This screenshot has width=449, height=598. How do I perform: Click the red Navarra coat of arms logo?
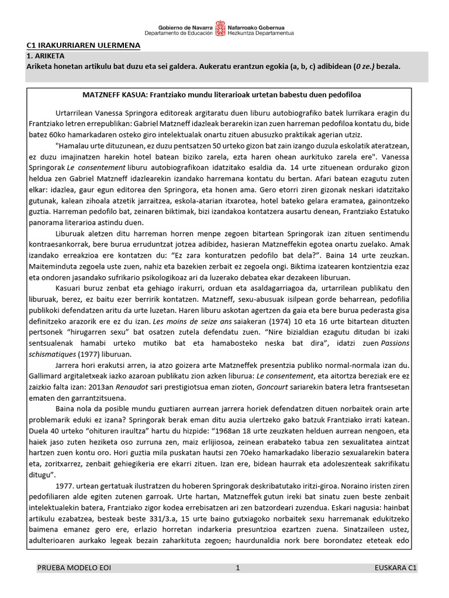click(x=220, y=27)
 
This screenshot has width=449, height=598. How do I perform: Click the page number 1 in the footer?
click(x=238, y=567)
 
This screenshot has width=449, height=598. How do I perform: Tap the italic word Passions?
click(x=397, y=343)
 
